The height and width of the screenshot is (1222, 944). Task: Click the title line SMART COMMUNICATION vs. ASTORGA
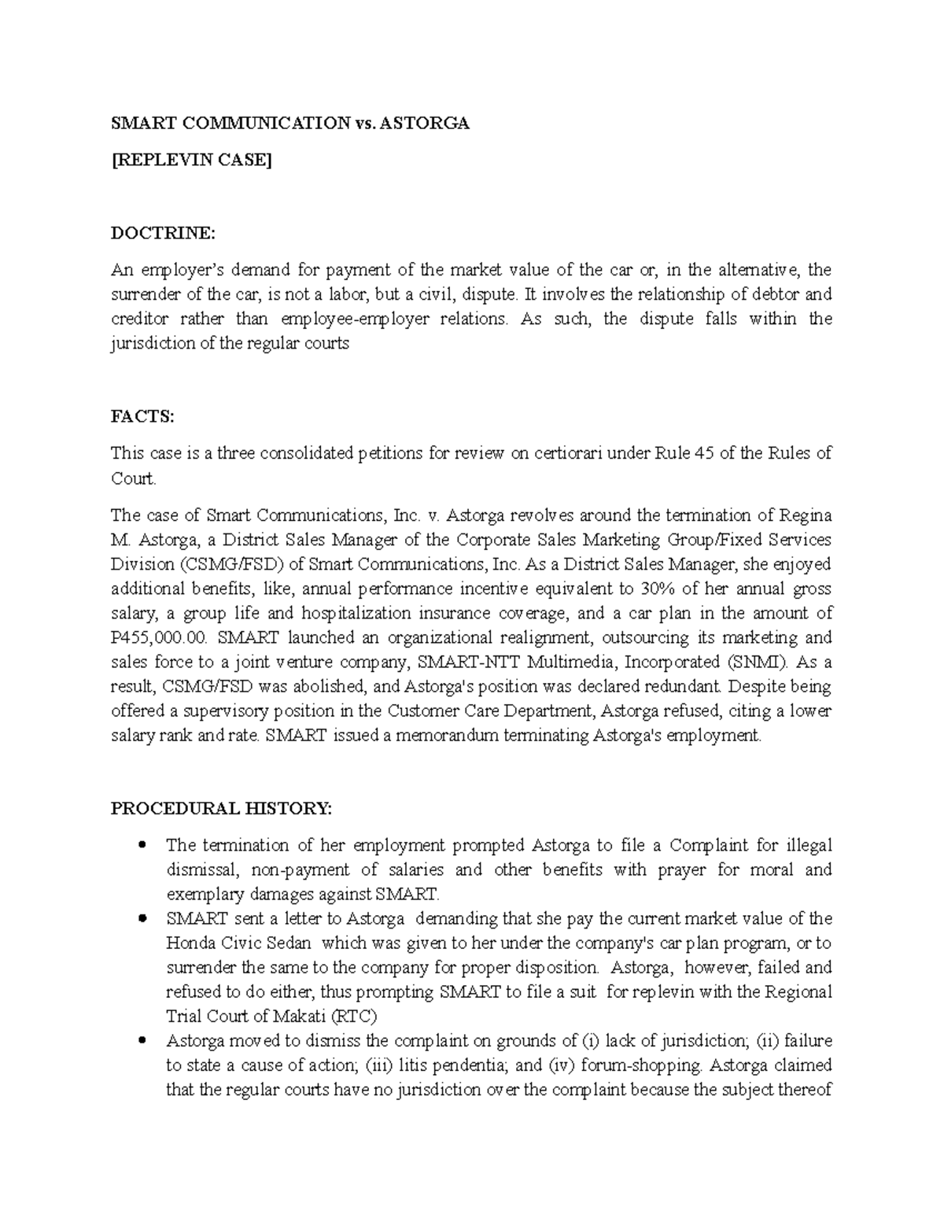[289, 124]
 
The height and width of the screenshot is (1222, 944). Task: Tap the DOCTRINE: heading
[162, 234]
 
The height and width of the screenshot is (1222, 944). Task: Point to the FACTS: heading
[142, 417]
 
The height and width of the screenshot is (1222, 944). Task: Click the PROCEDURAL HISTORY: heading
[222, 808]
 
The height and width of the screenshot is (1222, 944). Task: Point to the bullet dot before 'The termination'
[142, 846]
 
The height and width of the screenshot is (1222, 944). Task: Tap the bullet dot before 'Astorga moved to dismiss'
[142, 1041]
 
